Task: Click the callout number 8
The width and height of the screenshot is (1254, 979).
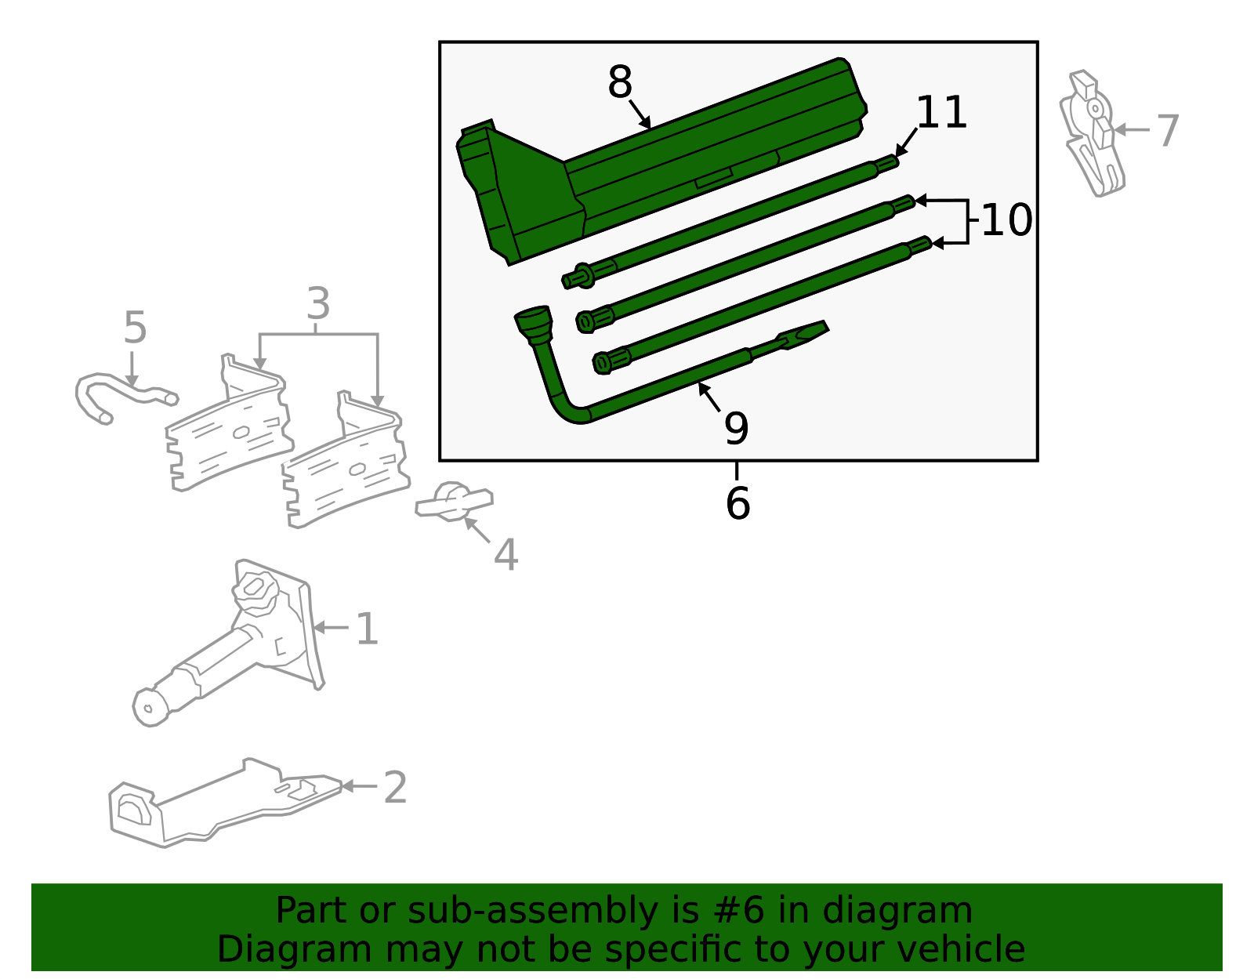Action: pos(619,82)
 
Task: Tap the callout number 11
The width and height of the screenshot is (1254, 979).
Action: pos(941,113)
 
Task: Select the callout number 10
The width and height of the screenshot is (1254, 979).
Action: pos(1006,220)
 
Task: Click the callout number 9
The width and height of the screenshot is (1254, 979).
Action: pos(736,428)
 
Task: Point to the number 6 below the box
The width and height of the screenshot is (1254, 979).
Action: pos(738,503)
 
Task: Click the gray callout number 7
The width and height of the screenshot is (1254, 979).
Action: pos(1167,130)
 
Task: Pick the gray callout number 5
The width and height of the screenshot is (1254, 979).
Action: pos(135,328)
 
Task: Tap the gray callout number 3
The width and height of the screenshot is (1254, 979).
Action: pos(317,303)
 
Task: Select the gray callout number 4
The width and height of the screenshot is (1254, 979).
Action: pos(506,555)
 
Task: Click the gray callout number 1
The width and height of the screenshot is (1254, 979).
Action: pos(367,629)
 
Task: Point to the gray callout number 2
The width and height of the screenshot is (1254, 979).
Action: pos(395,788)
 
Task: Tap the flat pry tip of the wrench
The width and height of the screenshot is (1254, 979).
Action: pos(807,331)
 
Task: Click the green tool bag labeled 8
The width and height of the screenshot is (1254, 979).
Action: pos(666,165)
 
